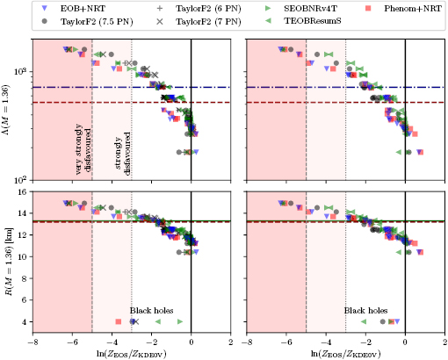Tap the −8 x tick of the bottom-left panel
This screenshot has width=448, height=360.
[x=33, y=342]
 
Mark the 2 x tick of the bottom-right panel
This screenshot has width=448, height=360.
[x=444, y=342]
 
